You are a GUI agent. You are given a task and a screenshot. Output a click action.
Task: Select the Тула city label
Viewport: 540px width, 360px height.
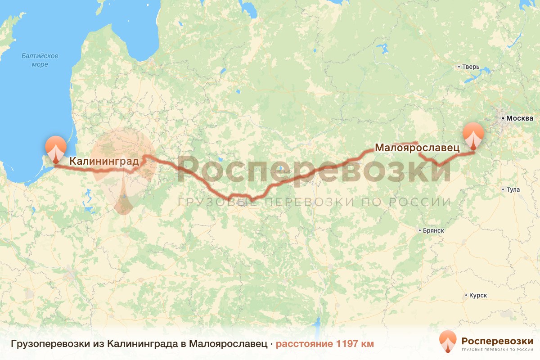click(x=513, y=189)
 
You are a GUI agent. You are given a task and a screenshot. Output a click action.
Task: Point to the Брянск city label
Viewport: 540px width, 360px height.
click(x=434, y=230)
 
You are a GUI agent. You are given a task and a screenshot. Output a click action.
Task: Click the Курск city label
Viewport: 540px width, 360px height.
click(x=478, y=296)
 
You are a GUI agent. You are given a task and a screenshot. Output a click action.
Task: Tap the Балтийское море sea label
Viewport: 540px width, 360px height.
click(x=40, y=60)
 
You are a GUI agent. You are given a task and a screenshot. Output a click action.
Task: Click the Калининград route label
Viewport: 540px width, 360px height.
click(x=104, y=161)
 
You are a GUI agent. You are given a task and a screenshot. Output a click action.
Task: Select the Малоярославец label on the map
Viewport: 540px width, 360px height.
click(x=417, y=148)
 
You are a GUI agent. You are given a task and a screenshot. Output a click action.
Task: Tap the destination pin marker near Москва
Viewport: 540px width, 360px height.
click(x=474, y=136)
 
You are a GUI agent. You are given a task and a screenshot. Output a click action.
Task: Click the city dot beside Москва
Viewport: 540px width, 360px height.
click(x=503, y=119)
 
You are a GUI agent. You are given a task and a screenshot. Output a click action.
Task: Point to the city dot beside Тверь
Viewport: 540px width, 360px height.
click(x=459, y=67)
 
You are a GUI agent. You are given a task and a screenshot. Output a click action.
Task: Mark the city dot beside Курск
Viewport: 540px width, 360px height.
click(x=466, y=296)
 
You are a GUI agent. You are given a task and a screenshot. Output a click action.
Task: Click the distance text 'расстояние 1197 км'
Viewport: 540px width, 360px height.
click(x=324, y=344)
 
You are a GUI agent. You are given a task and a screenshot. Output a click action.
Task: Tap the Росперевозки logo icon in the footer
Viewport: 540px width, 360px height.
click(x=448, y=341)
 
